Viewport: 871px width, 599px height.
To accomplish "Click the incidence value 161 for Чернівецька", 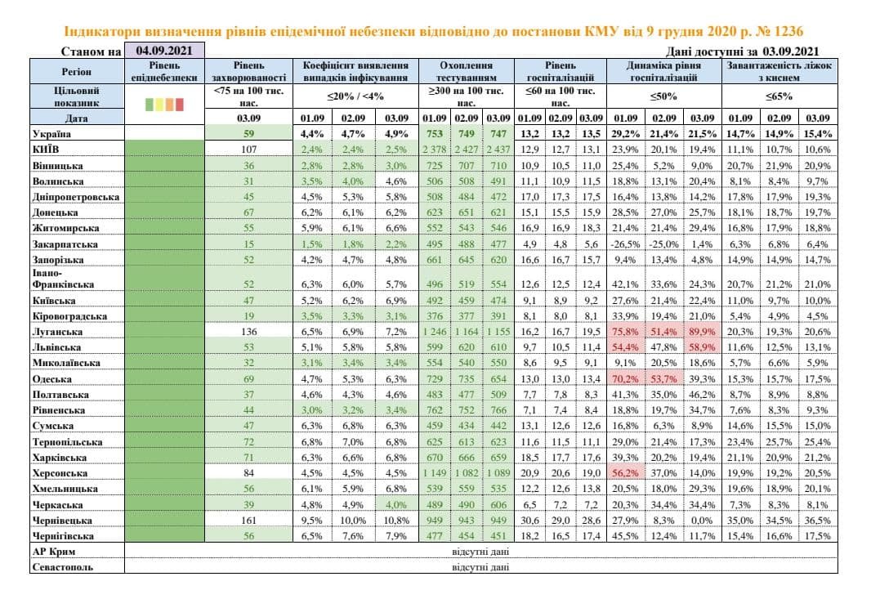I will pos(248,520).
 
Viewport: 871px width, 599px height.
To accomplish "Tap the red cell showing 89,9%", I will pos(704,333).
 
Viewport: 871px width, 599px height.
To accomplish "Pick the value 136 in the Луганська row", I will pos(248,333).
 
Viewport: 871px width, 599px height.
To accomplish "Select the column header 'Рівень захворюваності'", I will pos(248,71).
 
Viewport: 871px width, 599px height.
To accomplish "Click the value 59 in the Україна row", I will pos(248,133).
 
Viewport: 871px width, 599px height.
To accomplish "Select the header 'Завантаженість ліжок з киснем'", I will pos(780,71).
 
